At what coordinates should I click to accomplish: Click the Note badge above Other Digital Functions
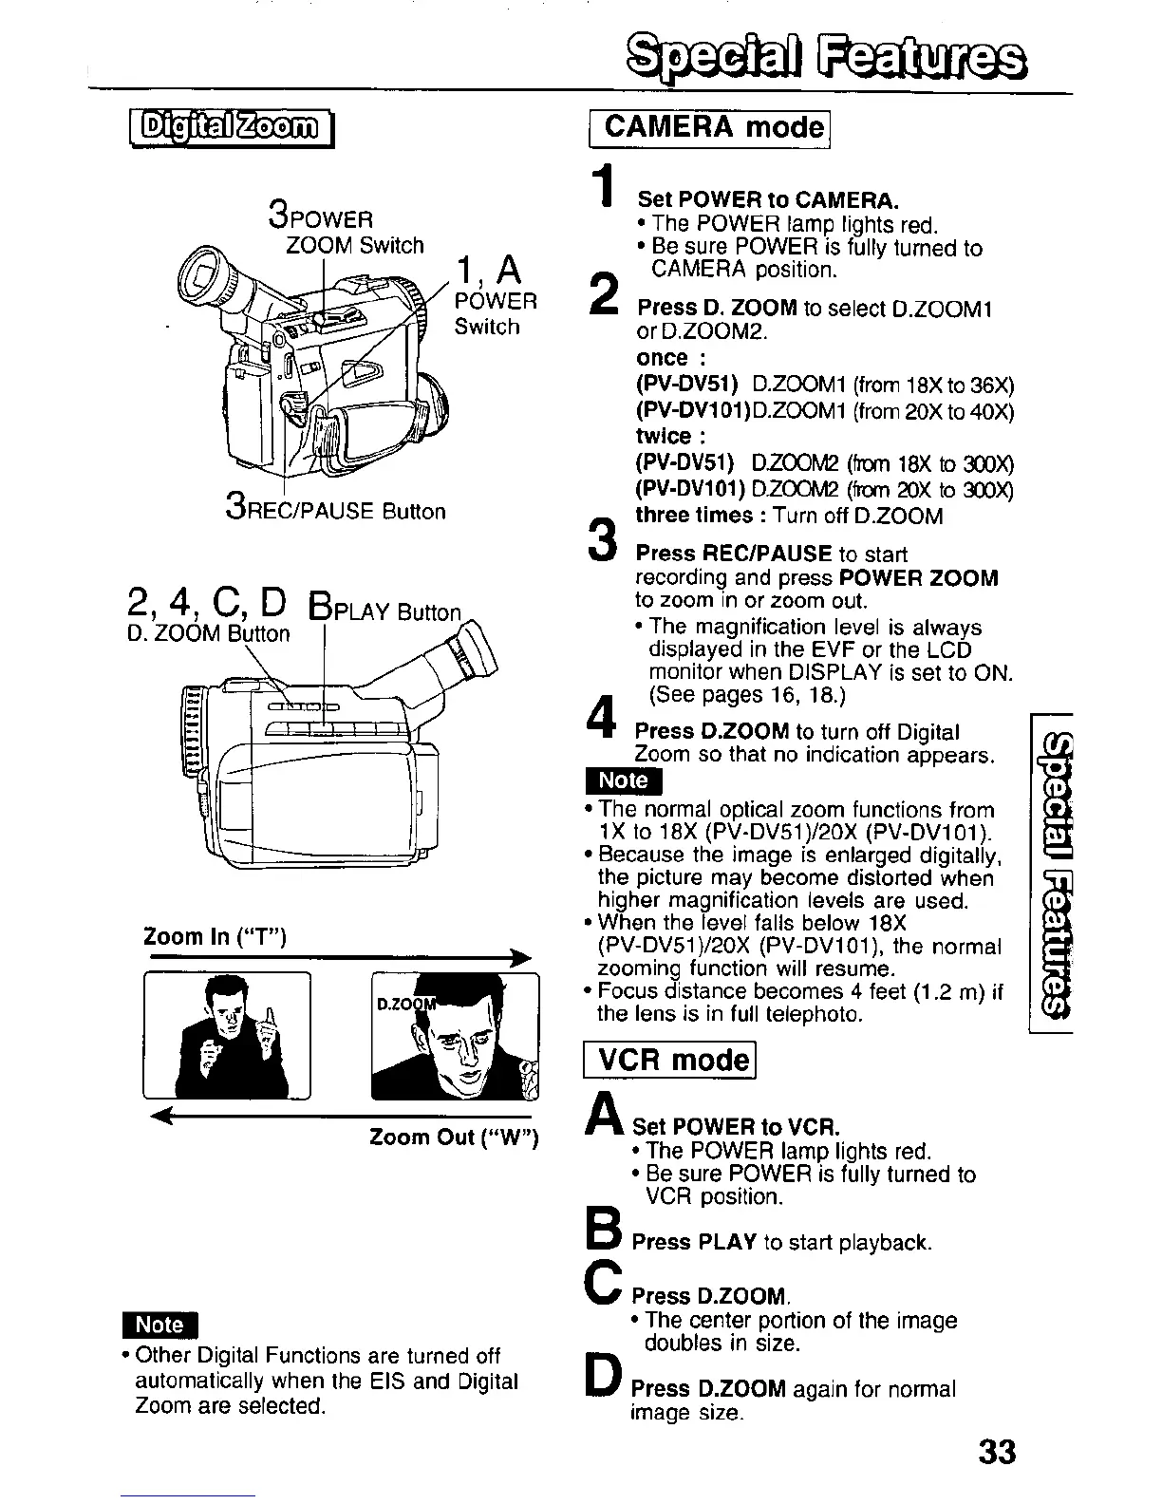click(x=159, y=1325)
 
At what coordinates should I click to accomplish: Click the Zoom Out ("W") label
click(x=454, y=1137)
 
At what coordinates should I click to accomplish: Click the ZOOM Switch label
click(x=355, y=245)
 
